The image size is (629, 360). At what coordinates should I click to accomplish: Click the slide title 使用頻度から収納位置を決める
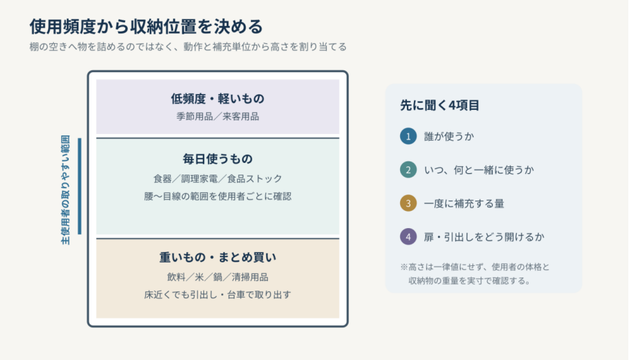[x=146, y=27]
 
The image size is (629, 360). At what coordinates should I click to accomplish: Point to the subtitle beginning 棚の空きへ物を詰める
[x=188, y=47]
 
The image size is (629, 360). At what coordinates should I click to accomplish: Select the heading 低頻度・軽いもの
[x=217, y=99]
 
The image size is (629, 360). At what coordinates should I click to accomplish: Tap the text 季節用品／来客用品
[x=217, y=117]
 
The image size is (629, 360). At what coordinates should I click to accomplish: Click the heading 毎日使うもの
[x=217, y=159]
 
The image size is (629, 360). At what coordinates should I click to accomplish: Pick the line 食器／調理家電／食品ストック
[x=217, y=179]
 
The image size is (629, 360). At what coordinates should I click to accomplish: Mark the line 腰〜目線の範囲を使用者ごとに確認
[x=217, y=196]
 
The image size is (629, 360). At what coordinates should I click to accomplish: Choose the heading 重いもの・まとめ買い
[x=217, y=258]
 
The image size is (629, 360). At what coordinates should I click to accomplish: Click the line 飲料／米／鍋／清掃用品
[x=217, y=277]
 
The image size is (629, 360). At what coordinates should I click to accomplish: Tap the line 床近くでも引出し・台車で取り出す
[x=217, y=295]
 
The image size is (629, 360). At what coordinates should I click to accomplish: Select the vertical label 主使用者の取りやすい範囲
[x=65, y=190]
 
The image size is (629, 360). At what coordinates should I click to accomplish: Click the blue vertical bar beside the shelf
[x=80, y=186]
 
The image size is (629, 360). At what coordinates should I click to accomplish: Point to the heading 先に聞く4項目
[x=440, y=105]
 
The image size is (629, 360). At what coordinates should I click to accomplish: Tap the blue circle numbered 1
[x=408, y=136]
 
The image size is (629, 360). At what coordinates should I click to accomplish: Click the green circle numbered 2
[x=408, y=170]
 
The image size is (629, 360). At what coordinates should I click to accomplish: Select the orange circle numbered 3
[x=408, y=203]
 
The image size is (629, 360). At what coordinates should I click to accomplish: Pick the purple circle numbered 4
[x=408, y=237]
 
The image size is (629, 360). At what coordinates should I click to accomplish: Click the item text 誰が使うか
[x=449, y=136]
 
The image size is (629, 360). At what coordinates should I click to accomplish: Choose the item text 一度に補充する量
[x=464, y=203]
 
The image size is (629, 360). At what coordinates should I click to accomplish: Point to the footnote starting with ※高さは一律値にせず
[x=475, y=274]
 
